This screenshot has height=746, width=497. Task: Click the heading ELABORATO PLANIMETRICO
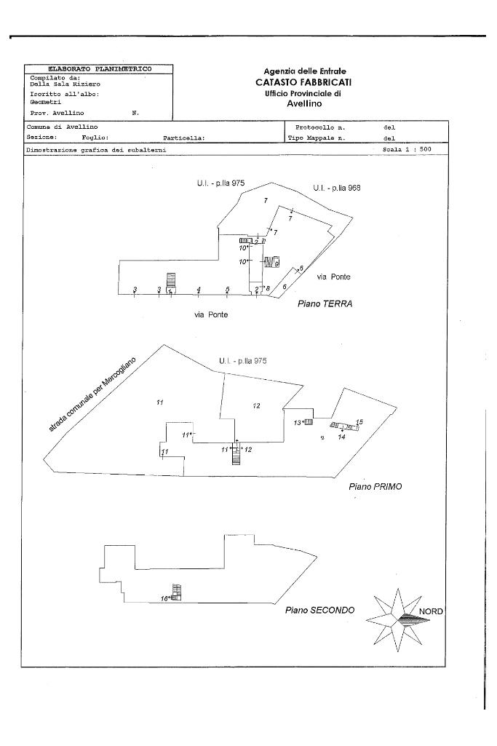coord(100,68)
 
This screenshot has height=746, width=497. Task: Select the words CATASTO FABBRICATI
coord(303,83)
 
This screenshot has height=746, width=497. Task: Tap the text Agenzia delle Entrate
coord(304,71)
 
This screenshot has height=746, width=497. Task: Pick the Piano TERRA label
coord(325,303)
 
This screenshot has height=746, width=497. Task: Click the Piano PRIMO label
coord(375,486)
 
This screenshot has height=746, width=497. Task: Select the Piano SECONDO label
coord(319,610)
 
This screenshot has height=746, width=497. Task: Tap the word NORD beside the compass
coord(431,611)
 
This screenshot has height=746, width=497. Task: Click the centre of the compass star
coord(398,619)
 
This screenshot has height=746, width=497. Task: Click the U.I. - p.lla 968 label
coord(337,188)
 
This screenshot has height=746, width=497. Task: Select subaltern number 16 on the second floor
coord(164,598)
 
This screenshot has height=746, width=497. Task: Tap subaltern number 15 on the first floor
coord(359,422)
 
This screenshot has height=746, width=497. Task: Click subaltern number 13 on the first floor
coord(297,423)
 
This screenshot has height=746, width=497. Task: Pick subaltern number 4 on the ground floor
coord(199,290)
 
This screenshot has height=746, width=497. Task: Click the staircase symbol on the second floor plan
coord(176,592)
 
